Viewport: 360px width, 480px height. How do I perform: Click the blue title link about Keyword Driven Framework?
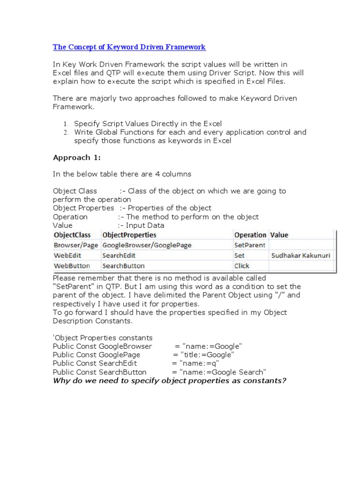coord(129,47)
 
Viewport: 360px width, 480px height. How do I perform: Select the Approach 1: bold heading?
coord(76,157)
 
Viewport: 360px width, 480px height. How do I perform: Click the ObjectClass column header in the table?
coord(72,235)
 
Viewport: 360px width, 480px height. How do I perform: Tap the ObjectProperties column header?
coord(129,235)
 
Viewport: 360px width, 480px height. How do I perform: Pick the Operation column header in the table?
coord(250,235)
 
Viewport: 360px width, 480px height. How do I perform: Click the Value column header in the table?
coord(279,235)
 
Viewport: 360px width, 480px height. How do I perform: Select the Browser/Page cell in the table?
coord(76,245)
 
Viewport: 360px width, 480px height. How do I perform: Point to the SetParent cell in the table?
coord(250,245)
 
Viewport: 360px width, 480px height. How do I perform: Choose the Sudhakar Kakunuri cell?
coord(300,255)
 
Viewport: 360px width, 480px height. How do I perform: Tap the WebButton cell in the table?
coord(72,266)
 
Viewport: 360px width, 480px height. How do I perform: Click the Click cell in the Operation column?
coord(242,266)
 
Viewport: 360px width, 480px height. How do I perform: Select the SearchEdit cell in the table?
coord(118,255)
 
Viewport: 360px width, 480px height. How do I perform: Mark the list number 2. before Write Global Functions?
coord(66,133)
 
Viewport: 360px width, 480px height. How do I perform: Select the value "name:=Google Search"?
coord(219,372)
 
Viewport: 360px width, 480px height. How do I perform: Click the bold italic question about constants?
coord(169,380)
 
